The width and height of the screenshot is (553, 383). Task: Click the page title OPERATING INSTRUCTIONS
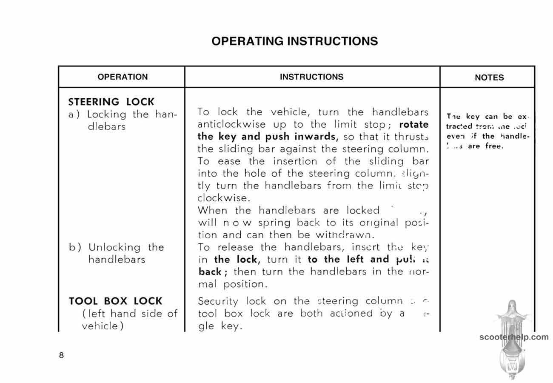294,41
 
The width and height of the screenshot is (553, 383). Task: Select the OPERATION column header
123,77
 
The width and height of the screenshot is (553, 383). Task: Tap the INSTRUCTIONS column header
311,77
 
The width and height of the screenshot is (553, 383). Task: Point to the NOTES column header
489,77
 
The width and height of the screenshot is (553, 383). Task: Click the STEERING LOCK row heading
111,102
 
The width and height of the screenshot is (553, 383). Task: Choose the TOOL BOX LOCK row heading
115,301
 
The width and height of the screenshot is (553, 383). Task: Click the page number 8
61,355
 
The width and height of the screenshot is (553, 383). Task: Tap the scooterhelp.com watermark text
514,337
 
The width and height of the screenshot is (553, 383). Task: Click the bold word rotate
413,125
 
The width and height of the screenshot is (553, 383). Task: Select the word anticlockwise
231,125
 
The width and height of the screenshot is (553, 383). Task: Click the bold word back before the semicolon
210,272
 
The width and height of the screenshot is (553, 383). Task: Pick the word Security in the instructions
218,302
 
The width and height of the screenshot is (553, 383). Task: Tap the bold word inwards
315,137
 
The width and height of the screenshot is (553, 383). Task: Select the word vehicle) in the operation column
100,326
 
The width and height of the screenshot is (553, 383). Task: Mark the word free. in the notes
494,146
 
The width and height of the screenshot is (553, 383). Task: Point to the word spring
274,223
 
